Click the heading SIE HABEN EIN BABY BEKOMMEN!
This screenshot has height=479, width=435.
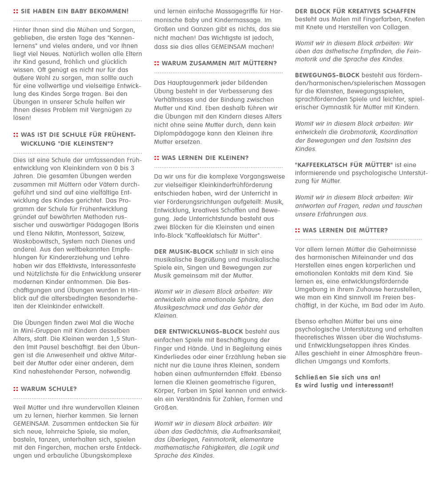point(74,11)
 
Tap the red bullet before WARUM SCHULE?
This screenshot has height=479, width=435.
point(16,389)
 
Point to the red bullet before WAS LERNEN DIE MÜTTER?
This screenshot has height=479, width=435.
point(297,230)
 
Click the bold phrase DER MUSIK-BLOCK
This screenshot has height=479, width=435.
point(184,251)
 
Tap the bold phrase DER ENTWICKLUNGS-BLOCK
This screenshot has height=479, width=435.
point(198,331)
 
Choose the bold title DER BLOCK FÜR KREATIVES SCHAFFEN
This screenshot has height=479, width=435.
point(355,11)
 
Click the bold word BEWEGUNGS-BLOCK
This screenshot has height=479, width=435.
point(327,75)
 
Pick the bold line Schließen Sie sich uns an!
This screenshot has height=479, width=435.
point(338,377)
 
